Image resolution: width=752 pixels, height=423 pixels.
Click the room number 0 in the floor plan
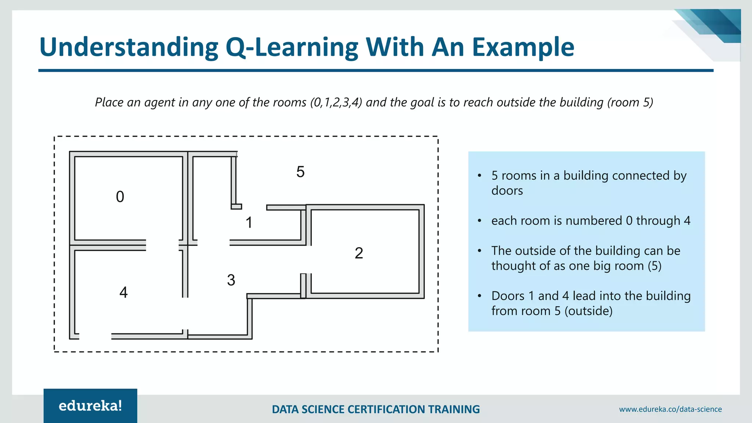click(120, 197)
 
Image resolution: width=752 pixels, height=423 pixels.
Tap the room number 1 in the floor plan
click(249, 223)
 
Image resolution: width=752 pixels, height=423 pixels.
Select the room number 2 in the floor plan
click(359, 253)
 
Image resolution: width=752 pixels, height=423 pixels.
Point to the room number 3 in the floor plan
click(231, 280)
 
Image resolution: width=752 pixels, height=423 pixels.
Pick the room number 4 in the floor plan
click(123, 292)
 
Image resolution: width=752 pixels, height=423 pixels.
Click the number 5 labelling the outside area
click(300, 172)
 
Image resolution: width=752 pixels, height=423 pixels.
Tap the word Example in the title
click(523, 47)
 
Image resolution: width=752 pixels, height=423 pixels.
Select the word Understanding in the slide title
click(129, 47)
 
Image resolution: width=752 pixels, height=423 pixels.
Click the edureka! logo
click(90, 406)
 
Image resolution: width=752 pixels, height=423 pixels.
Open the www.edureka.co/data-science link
click(670, 409)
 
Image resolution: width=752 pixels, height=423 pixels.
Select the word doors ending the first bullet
click(507, 191)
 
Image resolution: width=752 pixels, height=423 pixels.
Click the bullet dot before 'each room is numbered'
click(480, 221)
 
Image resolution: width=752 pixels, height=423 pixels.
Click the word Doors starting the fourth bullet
click(508, 296)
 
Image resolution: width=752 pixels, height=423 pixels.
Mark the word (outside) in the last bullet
click(588, 311)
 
